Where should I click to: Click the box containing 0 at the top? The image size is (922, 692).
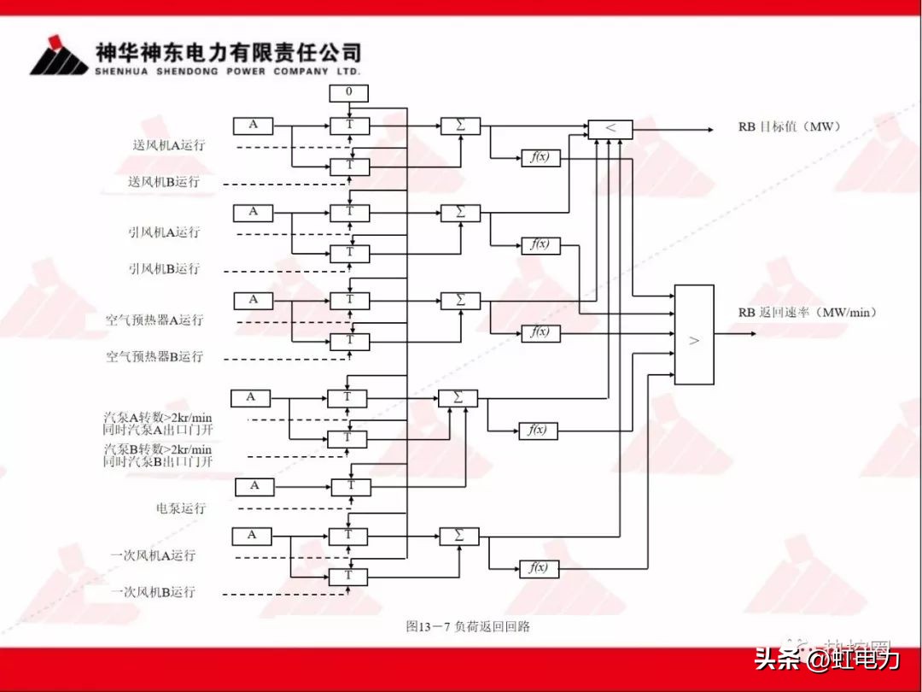pyautogui.click(x=349, y=92)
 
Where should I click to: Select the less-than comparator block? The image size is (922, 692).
pyautogui.click(x=610, y=129)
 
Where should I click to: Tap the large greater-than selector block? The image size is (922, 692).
pyautogui.click(x=694, y=334)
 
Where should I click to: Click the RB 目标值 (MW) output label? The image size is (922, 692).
pyautogui.click(x=790, y=126)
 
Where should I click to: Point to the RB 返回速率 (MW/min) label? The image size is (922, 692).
pyautogui.click(x=808, y=313)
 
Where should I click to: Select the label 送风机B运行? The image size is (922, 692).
pyautogui.click(x=163, y=182)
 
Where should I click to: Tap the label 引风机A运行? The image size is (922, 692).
pyautogui.click(x=164, y=232)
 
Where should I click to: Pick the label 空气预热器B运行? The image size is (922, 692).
pyautogui.click(x=155, y=356)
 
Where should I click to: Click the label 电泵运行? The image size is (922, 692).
pyautogui.click(x=181, y=507)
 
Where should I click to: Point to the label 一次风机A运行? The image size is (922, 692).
pyautogui.click(x=153, y=555)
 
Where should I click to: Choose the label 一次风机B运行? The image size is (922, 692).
pyautogui.click(x=153, y=591)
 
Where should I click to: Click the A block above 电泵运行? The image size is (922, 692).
pyautogui.click(x=254, y=486)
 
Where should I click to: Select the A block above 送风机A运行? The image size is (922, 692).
pyautogui.click(x=253, y=126)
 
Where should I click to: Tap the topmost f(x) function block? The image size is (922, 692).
pyautogui.click(x=540, y=157)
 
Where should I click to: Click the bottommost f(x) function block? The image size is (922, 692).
pyautogui.click(x=539, y=567)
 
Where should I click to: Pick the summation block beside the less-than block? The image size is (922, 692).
pyautogui.click(x=460, y=126)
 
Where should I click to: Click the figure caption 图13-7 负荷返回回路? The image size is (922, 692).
pyautogui.click(x=468, y=626)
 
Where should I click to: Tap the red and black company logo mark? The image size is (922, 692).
pyautogui.click(x=58, y=56)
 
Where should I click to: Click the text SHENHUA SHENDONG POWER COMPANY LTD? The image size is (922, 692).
pyautogui.click(x=228, y=72)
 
